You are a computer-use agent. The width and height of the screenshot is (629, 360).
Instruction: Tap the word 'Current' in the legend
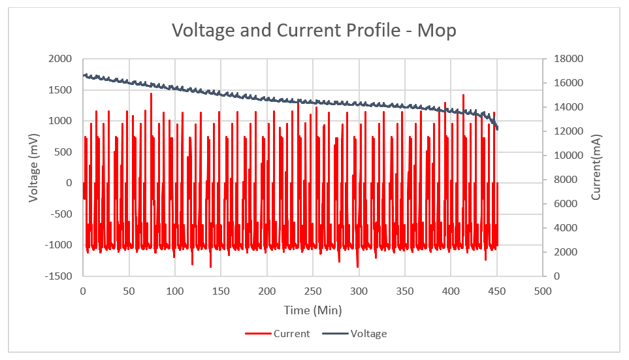coord(291,334)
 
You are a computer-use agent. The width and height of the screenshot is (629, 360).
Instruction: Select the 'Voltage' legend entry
coord(368,334)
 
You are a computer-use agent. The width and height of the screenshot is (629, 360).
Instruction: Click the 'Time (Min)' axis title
coord(312,310)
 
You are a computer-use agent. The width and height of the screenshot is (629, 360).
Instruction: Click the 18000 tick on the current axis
coord(566,59)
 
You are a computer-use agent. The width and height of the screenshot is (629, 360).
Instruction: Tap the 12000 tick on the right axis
coord(566,131)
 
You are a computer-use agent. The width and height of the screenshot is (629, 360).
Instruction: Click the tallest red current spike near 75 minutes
coord(151,94)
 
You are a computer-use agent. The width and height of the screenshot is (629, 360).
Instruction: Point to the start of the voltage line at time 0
coord(84,75)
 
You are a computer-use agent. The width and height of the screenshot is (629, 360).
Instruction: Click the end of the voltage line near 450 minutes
coord(497,129)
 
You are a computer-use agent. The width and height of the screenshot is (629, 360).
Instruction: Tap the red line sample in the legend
coord(258,334)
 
